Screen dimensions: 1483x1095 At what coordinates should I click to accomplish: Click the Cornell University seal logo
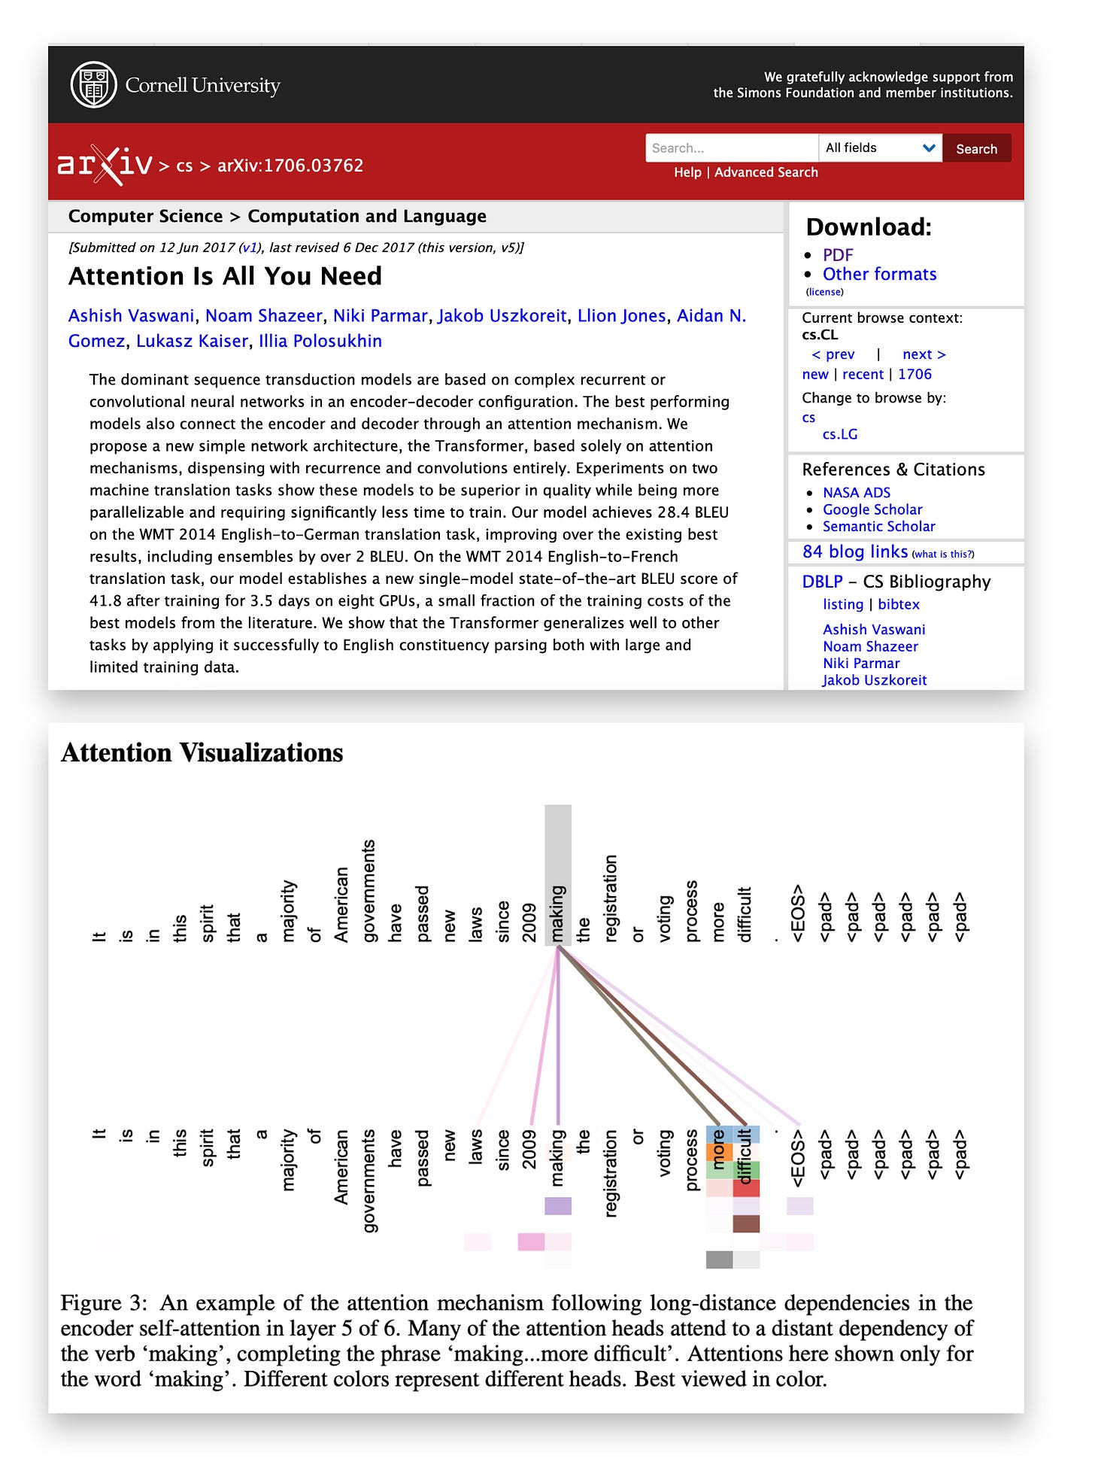pyautogui.click(x=93, y=84)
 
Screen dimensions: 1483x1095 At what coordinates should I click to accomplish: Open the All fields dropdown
pyautogui.click(x=879, y=148)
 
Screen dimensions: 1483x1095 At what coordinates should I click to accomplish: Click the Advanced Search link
pyautogui.click(x=766, y=172)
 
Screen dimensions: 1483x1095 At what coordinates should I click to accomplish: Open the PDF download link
pyautogui.click(x=837, y=255)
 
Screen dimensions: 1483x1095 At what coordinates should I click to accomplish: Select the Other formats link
pyautogui.click(x=879, y=274)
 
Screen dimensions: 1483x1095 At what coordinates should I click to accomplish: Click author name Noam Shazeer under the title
pyautogui.click(x=263, y=316)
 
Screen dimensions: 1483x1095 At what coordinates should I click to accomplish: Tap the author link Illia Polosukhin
pyautogui.click(x=320, y=342)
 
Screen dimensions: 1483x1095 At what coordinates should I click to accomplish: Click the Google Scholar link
pyautogui.click(x=872, y=509)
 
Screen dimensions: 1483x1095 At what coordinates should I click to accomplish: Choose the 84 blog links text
pyautogui.click(x=854, y=552)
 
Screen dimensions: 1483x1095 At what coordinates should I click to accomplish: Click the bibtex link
pyautogui.click(x=898, y=604)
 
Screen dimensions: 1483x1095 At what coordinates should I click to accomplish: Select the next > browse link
pyautogui.click(x=924, y=354)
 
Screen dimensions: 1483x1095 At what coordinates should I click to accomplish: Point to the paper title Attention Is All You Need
pyautogui.click(x=225, y=276)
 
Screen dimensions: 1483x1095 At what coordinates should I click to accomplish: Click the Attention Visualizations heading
pyautogui.click(x=202, y=752)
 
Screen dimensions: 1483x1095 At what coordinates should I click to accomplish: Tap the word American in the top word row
pyautogui.click(x=341, y=904)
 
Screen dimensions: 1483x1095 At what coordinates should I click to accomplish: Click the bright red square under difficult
pyautogui.click(x=746, y=1189)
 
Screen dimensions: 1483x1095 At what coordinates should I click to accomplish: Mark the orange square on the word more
pyautogui.click(x=718, y=1153)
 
